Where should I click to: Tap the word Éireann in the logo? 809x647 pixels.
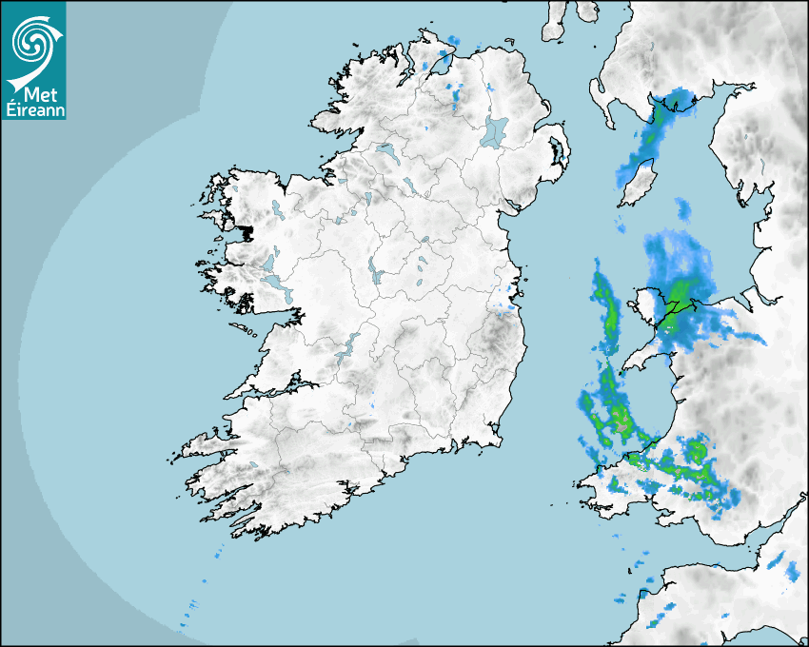click(x=33, y=108)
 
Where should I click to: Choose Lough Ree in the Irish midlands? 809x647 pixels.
click(x=375, y=272)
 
